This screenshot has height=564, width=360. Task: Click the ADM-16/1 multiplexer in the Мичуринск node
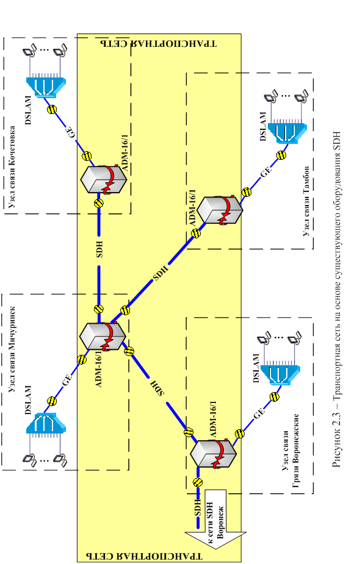pos(103,337)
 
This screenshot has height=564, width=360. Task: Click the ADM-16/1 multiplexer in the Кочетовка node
pos(104,179)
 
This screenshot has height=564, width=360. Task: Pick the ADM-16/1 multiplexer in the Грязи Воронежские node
pos(213,454)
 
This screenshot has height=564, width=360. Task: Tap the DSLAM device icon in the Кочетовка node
pos(46,87)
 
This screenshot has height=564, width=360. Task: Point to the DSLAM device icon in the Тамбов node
pos(287,132)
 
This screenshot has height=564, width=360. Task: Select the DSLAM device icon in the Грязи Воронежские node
pos(279,374)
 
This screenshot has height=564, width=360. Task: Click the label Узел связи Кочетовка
pos(12,166)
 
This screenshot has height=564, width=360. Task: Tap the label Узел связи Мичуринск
pos(12,349)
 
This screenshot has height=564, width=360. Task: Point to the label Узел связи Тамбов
pos(306,201)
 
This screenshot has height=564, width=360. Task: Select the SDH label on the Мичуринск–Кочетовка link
pos(99,249)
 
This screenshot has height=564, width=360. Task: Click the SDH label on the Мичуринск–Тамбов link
pos(160,274)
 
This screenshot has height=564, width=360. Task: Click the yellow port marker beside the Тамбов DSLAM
pos(281,155)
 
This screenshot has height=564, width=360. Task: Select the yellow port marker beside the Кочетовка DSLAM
pos(52,109)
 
